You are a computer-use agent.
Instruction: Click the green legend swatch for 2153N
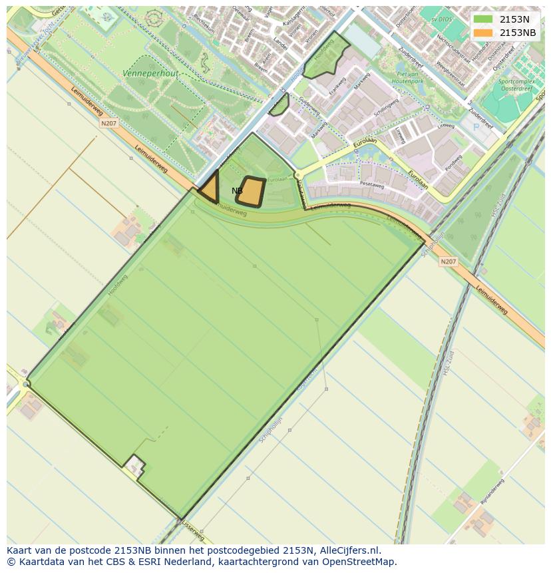pyautogui.click(x=482, y=19)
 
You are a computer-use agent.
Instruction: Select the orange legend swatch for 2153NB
pyautogui.click(x=482, y=33)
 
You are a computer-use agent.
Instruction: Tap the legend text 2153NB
pyautogui.click(x=518, y=33)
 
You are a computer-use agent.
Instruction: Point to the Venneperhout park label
pyautogui.click(x=150, y=74)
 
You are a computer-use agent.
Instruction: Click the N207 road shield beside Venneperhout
pyautogui.click(x=108, y=123)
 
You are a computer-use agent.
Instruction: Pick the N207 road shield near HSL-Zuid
pyautogui.click(x=449, y=262)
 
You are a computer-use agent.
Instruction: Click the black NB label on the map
pyautogui.click(x=237, y=191)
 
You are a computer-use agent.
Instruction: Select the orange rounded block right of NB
pyautogui.click(x=251, y=192)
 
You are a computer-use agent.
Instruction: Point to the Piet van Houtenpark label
pyautogui.click(x=411, y=77)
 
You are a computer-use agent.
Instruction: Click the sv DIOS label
pyautogui.click(x=441, y=19)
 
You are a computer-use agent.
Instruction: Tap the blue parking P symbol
pyautogui.click(x=475, y=126)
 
